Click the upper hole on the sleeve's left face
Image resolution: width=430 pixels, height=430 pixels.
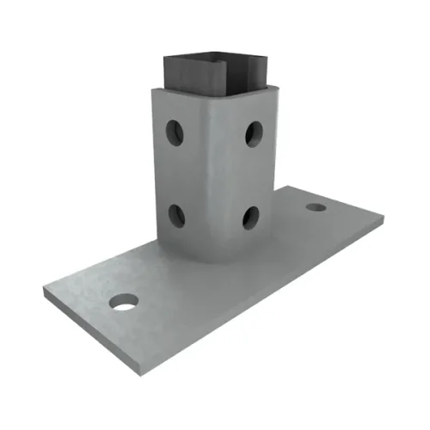click(x=175, y=132)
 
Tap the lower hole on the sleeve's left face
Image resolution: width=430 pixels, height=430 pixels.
click(x=175, y=214)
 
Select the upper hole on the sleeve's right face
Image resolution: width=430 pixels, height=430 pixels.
click(x=253, y=132)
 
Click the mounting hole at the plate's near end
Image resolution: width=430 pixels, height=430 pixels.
click(x=124, y=303)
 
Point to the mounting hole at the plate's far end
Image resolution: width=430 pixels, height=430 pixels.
click(x=316, y=207)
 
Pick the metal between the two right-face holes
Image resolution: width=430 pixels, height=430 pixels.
click(x=252, y=174)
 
